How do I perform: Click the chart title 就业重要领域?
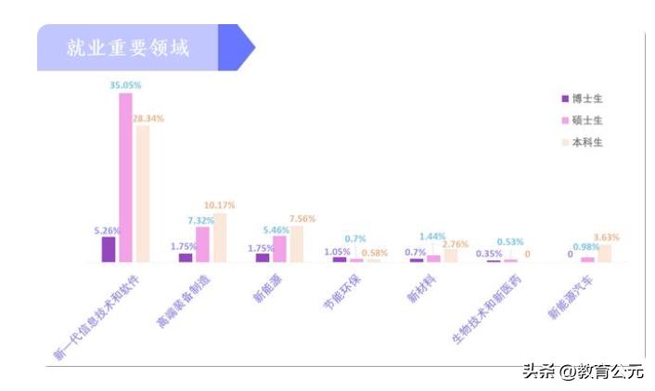click(127, 48)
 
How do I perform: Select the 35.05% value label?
click(125, 85)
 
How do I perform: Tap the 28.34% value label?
click(148, 118)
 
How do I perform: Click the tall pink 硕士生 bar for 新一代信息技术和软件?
click(125, 176)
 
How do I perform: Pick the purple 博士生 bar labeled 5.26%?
click(109, 249)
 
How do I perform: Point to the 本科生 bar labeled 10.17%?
click(220, 238)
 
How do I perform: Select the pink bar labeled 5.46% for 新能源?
click(279, 249)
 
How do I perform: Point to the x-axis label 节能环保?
click(344, 289)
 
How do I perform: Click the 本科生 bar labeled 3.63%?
click(604, 253)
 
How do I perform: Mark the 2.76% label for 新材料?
click(456, 243)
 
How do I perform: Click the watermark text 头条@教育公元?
click(583, 371)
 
